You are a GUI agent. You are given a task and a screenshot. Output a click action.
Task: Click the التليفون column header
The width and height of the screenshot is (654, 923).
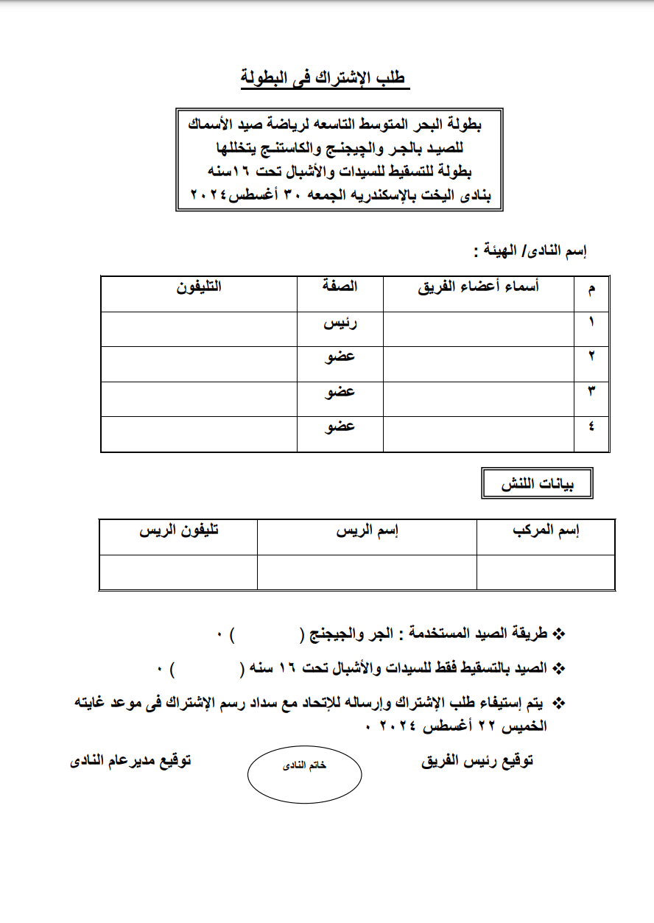tap(199, 287)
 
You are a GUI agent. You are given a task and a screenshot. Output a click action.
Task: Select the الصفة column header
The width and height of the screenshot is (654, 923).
tap(340, 287)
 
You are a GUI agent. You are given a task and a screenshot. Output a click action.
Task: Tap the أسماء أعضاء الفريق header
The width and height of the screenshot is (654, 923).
tap(479, 287)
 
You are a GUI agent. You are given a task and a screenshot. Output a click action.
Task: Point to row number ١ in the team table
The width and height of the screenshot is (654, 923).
tap(592, 323)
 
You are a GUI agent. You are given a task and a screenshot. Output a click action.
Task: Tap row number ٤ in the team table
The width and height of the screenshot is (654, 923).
tap(592, 427)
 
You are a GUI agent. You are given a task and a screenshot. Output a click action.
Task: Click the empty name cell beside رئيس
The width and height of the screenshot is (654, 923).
tap(479, 329)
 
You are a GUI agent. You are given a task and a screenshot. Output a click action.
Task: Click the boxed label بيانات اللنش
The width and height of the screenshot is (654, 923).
tap(536, 484)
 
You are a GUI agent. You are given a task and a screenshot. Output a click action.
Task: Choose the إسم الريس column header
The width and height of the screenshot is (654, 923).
tap(367, 532)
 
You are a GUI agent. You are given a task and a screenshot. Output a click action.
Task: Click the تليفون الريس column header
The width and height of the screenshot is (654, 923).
tap(179, 532)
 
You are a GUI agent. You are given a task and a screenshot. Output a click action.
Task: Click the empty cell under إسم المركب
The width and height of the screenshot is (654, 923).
tap(546, 572)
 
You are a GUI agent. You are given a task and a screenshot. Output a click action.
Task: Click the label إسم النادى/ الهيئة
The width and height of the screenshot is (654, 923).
tap(530, 251)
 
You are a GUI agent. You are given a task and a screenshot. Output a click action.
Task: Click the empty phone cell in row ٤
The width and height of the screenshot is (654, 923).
tap(199, 433)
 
